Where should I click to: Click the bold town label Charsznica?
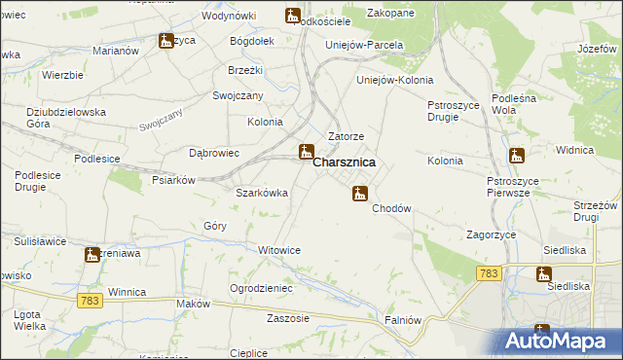click(x=345, y=164)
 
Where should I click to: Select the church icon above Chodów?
click(x=360, y=194)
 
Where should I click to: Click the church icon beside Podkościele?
click(x=292, y=15)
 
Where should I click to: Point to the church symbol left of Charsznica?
click(x=306, y=151)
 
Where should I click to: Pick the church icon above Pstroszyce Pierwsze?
click(x=517, y=155)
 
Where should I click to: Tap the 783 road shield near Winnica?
click(x=92, y=302)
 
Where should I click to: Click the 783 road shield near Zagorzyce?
click(x=490, y=274)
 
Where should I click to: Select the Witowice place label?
click(x=279, y=250)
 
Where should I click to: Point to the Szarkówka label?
click(x=262, y=193)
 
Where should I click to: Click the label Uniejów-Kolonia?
click(x=395, y=80)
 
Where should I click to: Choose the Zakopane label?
click(x=390, y=13)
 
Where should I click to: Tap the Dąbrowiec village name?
click(x=213, y=153)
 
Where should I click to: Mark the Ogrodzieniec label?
click(x=261, y=288)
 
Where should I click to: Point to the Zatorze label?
click(x=346, y=137)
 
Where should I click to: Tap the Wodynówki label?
click(x=229, y=17)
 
